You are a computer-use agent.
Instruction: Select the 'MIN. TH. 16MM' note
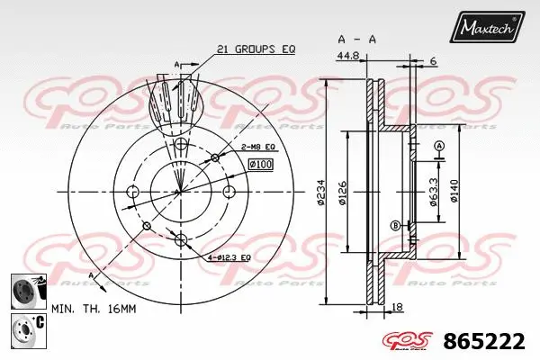(94, 309)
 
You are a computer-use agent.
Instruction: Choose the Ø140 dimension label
(456, 192)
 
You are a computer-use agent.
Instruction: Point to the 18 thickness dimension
(397, 309)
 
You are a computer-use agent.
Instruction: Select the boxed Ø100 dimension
(260, 164)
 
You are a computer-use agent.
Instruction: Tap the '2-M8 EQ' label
(256, 146)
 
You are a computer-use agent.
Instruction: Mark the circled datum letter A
(439, 146)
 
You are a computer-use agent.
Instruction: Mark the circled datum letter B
(395, 224)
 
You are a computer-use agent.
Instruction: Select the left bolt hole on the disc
(133, 192)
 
